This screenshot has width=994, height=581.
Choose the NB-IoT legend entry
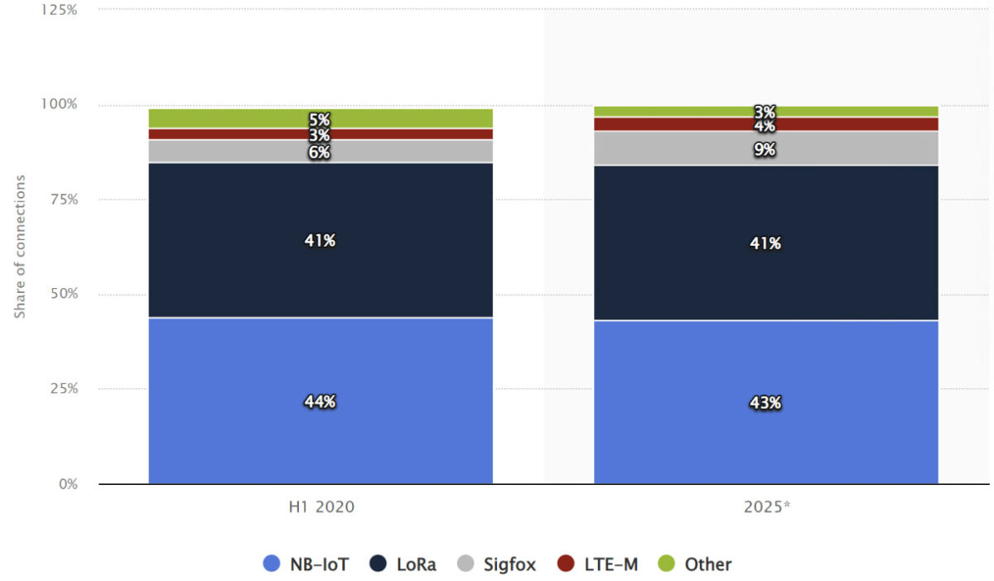(306, 564)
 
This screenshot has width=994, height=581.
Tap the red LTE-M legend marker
(566, 564)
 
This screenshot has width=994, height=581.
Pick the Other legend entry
(695, 564)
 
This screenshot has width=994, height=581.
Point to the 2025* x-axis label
(765, 507)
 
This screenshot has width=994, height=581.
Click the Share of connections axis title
(20, 246)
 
